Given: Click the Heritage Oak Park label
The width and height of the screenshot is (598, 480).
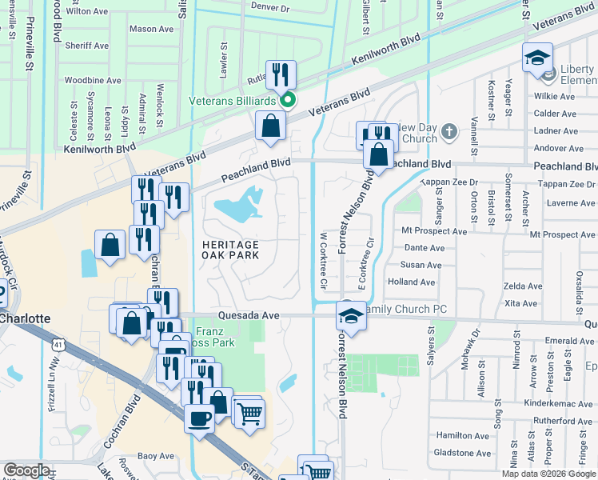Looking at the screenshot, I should coord(236,250).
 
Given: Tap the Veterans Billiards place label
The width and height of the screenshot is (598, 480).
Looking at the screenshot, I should coord(233,101).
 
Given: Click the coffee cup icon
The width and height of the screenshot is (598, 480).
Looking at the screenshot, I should coord(199,417).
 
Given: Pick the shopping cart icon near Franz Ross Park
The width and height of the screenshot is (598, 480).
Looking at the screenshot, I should coord(249,413).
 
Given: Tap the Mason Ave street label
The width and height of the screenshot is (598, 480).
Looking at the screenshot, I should coord(151,29).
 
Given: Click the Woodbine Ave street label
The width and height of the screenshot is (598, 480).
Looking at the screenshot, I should coord(93,81).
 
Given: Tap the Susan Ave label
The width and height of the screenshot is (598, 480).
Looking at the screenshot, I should coord(421,266).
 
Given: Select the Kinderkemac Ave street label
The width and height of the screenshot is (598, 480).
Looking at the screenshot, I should coord(561,404).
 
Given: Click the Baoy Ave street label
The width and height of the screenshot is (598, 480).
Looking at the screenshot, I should coord(156,457).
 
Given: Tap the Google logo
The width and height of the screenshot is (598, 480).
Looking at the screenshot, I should coord(27,470).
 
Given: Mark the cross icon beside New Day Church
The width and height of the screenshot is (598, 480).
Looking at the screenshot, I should coord(449,131).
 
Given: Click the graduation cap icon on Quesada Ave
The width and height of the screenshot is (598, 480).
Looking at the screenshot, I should coord(349,314).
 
